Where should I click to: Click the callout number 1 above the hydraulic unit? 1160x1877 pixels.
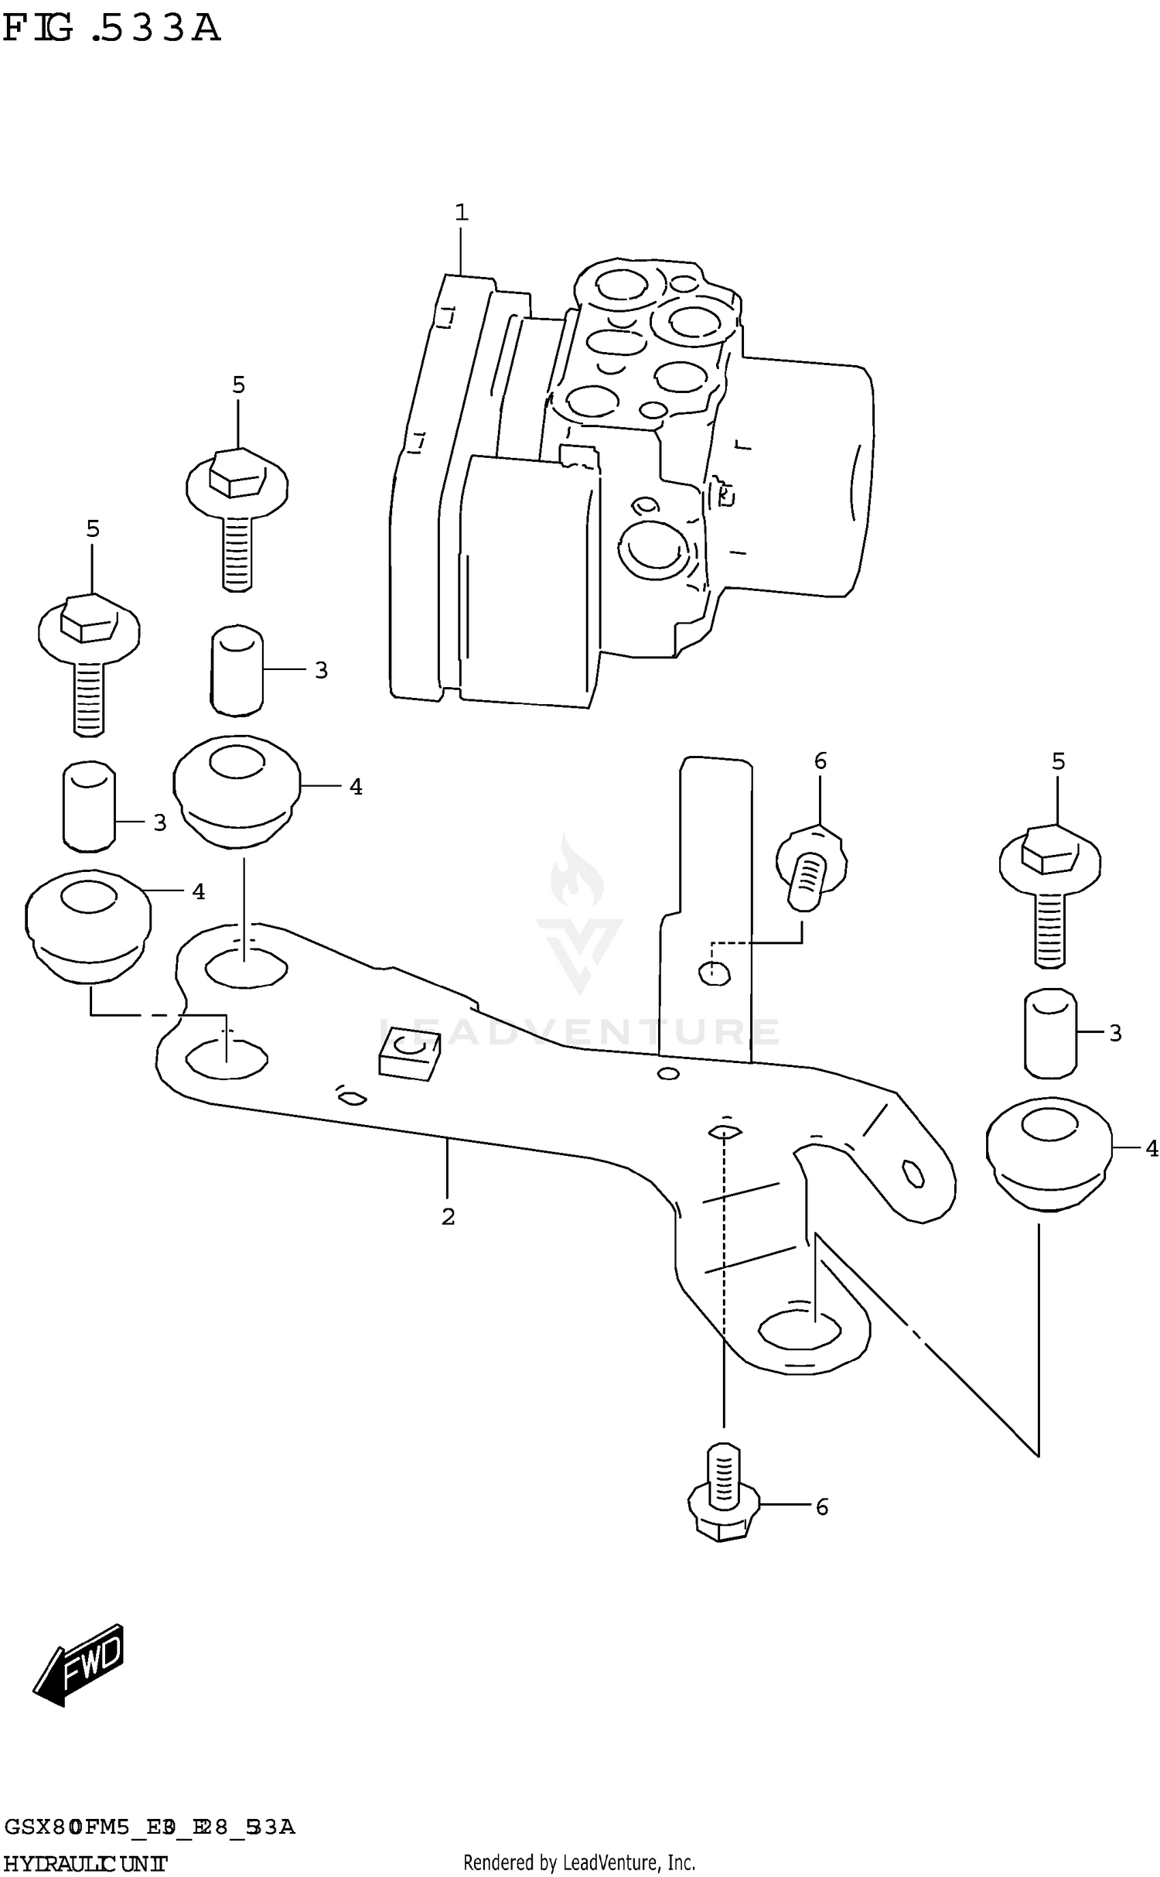click(461, 212)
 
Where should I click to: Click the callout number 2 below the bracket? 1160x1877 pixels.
click(448, 1217)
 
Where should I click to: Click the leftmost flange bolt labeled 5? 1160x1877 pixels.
click(89, 662)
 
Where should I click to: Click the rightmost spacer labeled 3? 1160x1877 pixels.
click(1050, 1032)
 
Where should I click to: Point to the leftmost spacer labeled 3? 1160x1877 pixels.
click(89, 805)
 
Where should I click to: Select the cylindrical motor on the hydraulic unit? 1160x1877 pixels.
click(804, 476)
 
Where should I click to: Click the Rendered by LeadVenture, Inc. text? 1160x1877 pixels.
click(579, 1862)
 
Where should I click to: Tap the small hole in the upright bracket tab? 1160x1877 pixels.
click(714, 973)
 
